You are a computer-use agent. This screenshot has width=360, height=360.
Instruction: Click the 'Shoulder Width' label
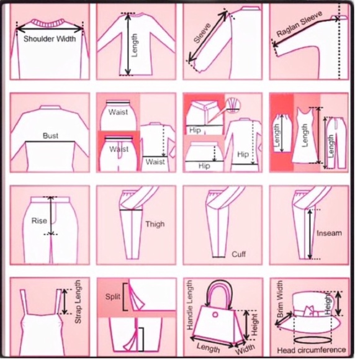click(49, 38)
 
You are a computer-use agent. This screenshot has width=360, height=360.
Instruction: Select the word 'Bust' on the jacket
click(50, 135)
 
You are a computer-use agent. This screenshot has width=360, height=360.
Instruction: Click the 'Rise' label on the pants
click(38, 220)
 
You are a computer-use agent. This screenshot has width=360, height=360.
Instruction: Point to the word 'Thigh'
click(155, 224)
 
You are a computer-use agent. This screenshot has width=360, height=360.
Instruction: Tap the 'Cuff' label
click(238, 254)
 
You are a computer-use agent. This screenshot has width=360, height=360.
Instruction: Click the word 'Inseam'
click(328, 234)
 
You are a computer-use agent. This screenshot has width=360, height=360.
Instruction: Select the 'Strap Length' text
click(78, 304)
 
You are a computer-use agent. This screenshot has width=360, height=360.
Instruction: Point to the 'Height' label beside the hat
click(328, 303)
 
